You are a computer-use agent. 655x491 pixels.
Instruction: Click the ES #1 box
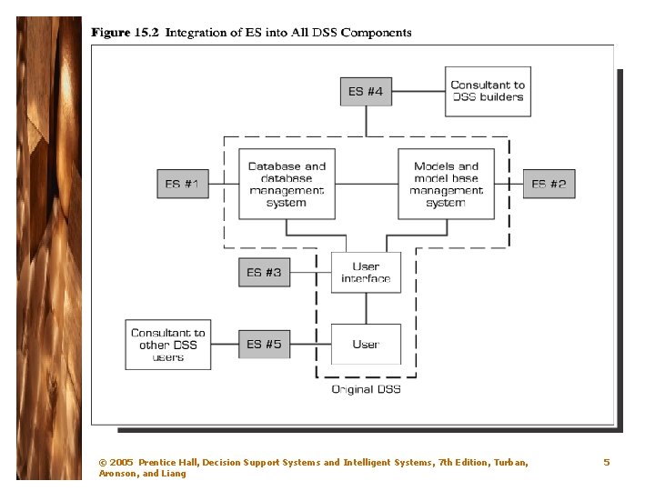tap(182, 184)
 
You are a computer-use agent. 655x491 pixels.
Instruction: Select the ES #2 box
tap(549, 184)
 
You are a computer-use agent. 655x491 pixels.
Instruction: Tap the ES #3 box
tap(264, 272)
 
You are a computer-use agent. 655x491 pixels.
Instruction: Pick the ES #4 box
tap(366, 91)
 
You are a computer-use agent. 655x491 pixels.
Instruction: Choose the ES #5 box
tap(264, 345)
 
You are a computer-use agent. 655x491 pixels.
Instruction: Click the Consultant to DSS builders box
tap(488, 91)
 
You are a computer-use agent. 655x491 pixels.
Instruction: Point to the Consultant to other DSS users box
tap(167, 345)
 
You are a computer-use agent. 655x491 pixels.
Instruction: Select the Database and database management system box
tap(287, 185)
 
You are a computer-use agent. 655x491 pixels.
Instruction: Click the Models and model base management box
tap(446, 185)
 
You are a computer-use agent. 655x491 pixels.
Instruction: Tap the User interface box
tap(366, 272)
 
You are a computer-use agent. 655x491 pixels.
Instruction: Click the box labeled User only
tap(366, 345)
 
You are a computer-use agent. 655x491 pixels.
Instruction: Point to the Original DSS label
tap(365, 389)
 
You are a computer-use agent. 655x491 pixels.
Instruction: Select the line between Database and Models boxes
tap(367, 184)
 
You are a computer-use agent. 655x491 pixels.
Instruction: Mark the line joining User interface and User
tap(366, 308)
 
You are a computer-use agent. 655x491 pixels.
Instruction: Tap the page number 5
tap(607, 462)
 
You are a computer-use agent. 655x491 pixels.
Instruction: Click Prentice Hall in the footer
tap(167, 463)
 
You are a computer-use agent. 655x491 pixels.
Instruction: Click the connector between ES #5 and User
tap(309, 345)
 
